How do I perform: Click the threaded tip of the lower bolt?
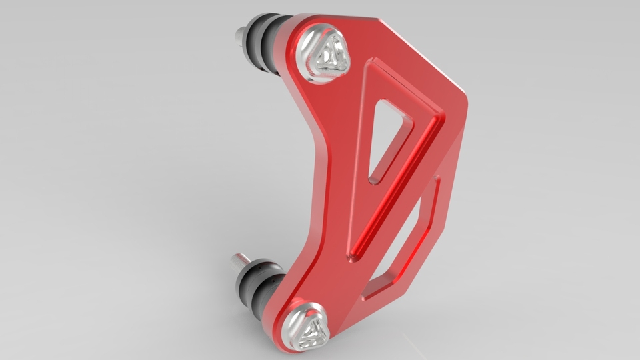pos(238,260)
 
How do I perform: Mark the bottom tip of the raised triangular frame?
pos(350,259)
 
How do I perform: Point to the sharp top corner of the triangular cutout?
pos(381,102)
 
